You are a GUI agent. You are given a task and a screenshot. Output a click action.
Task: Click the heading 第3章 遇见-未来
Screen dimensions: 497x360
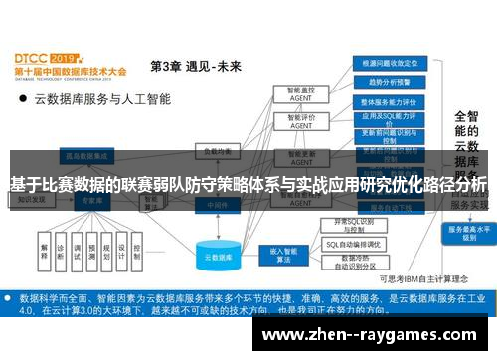pyautogui.click(x=196, y=66)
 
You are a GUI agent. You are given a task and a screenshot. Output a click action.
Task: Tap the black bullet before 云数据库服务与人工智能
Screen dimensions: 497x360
pyautogui.click(x=22, y=99)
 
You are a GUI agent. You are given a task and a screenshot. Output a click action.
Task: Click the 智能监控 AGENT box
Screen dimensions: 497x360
pyautogui.click(x=294, y=92)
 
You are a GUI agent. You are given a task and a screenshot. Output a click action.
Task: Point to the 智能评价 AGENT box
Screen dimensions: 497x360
pyautogui.click(x=294, y=121)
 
